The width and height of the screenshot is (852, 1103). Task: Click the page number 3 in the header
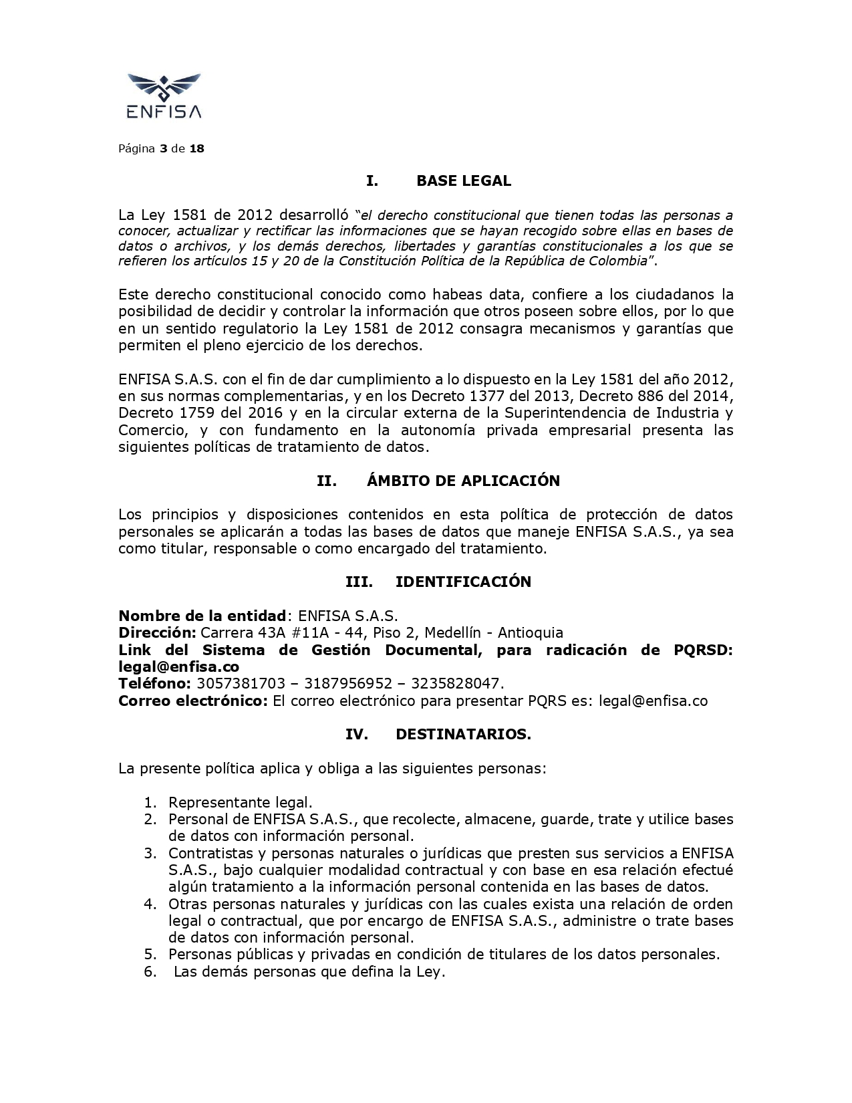(x=163, y=148)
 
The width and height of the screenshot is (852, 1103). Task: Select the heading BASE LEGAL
(x=463, y=180)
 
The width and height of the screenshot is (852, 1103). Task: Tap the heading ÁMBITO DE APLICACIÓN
(x=463, y=481)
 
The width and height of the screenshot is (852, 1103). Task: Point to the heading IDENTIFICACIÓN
(x=463, y=582)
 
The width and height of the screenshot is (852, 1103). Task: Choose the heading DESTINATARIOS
(x=463, y=734)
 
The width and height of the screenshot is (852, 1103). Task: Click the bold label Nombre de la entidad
(x=202, y=616)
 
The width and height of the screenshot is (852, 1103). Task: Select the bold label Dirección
(x=157, y=632)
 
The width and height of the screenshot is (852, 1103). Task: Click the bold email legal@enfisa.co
(x=178, y=666)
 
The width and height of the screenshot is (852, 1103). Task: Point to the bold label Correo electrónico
(x=193, y=701)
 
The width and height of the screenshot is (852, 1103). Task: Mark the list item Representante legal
(x=240, y=802)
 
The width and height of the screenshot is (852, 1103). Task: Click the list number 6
(x=150, y=971)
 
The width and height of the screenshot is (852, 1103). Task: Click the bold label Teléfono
(x=154, y=683)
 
